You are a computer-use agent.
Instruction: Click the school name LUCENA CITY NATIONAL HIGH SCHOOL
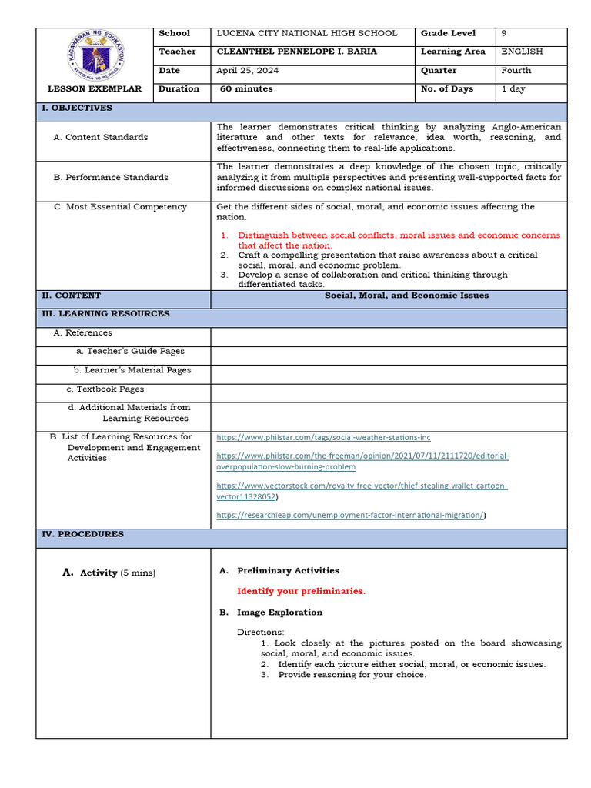[x=306, y=34]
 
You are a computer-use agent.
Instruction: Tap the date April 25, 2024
[x=247, y=71]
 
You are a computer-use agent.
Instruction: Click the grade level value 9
[x=504, y=34]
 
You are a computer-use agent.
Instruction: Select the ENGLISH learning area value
[x=521, y=52]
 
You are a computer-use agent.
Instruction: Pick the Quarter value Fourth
[x=516, y=71]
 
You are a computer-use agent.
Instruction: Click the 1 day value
[x=513, y=89]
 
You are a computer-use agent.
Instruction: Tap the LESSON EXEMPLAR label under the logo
[x=95, y=89]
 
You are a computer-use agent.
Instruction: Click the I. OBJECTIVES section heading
[x=77, y=109]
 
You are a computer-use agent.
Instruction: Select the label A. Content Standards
[x=101, y=138]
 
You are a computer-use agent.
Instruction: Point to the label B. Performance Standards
[x=111, y=178]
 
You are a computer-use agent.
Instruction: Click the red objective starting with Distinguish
[x=399, y=240]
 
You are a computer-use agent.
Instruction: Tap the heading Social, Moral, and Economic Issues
[x=406, y=295]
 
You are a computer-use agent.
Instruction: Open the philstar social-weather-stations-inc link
[x=323, y=437]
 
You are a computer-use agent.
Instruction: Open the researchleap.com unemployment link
[x=350, y=516]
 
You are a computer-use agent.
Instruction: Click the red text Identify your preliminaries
[x=301, y=591]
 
